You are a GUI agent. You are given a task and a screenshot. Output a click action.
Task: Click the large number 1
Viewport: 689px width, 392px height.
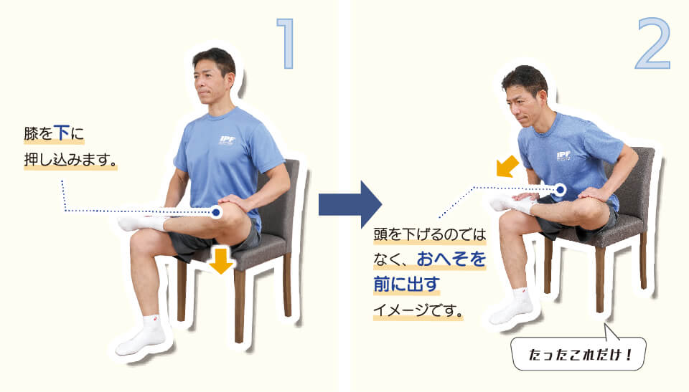(286, 44)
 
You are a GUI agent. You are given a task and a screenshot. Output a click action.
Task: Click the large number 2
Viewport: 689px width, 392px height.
(653, 44)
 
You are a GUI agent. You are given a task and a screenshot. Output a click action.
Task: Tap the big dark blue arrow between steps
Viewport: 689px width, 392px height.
(350, 204)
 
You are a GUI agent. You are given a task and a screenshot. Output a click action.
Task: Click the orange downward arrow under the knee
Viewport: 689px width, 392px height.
(221, 261)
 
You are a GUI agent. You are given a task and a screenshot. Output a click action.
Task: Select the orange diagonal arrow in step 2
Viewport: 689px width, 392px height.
(507, 166)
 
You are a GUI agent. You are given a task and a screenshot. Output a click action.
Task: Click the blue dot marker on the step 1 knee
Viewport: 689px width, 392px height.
(215, 212)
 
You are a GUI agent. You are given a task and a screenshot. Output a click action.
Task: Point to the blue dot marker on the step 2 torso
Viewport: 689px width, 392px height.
(560, 190)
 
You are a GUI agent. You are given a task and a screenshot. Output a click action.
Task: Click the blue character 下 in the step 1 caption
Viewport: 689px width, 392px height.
(62, 133)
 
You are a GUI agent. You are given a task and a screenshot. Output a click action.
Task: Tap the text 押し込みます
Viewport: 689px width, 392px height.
(67, 160)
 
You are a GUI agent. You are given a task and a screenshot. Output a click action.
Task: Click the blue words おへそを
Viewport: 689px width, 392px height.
(451, 259)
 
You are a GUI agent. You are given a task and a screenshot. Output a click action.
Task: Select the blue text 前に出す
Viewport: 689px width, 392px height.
(406, 284)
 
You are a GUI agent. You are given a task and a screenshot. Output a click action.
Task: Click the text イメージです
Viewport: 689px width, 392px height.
(414, 310)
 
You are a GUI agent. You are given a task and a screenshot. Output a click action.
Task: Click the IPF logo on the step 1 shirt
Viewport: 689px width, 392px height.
(228, 140)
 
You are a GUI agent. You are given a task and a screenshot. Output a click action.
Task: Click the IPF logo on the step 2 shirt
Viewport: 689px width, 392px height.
(564, 156)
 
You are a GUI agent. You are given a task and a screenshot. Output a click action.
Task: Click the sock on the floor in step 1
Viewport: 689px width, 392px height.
(141, 335)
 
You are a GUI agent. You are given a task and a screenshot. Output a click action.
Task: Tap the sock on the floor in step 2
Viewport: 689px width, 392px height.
(511, 306)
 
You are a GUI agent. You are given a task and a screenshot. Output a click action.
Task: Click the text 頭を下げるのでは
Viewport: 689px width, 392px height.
(430, 234)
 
